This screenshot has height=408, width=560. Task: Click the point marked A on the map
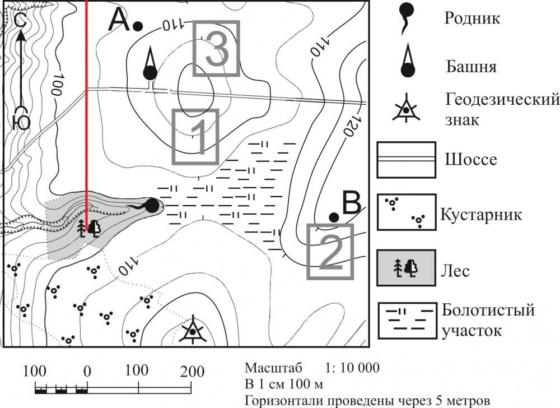coord(138,26)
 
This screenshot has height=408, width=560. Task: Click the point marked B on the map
coord(334,217)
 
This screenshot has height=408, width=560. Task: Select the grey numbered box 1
coord(195,137)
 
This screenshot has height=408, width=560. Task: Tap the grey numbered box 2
coord(330,251)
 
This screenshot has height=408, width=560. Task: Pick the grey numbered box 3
coord(216,49)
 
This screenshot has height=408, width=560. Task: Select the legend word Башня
coord(471,67)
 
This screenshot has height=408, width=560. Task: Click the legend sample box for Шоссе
coord(407,159)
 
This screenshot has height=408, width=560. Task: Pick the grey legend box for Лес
coord(407,268)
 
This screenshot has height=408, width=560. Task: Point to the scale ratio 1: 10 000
coord(352,368)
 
